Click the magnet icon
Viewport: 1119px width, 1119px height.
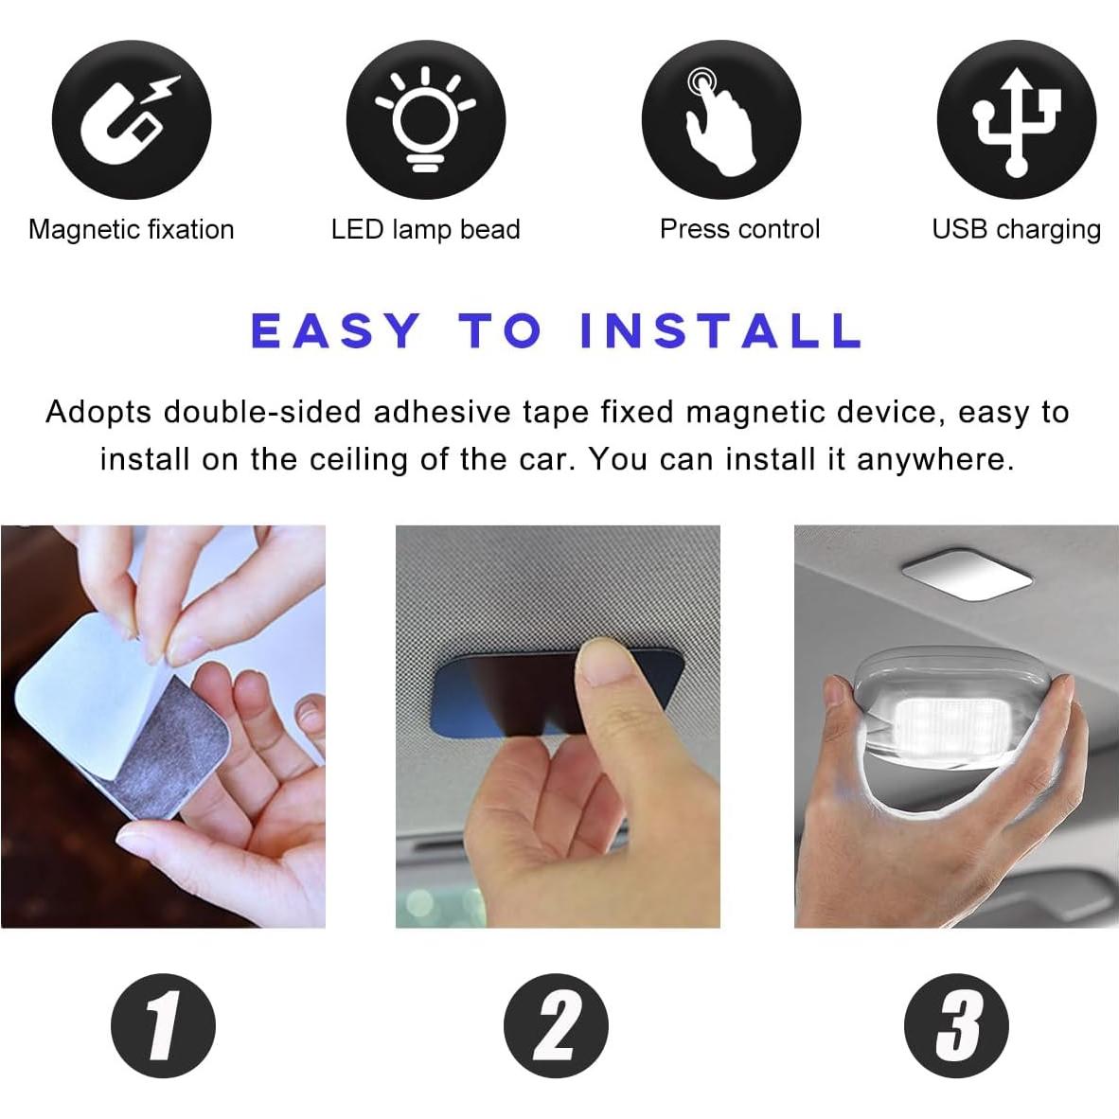coord(131,120)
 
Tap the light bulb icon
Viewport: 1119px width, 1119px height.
coord(425,120)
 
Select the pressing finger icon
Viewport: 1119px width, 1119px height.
coord(721,120)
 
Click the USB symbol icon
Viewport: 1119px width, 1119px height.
coord(1016,120)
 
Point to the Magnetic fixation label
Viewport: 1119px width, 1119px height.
coord(131,229)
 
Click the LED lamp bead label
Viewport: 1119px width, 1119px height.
coord(425,229)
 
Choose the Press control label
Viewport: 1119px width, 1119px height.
coord(739,229)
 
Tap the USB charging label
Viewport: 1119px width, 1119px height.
coord(1016,229)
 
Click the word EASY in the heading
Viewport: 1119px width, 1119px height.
coord(335,331)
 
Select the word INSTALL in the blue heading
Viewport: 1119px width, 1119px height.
coord(720,331)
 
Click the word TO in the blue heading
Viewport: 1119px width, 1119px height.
coord(500,331)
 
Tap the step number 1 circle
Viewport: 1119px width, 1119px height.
coord(163,1025)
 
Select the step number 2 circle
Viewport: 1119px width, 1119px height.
coord(556,1025)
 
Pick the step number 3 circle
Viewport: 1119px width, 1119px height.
coord(956,1025)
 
